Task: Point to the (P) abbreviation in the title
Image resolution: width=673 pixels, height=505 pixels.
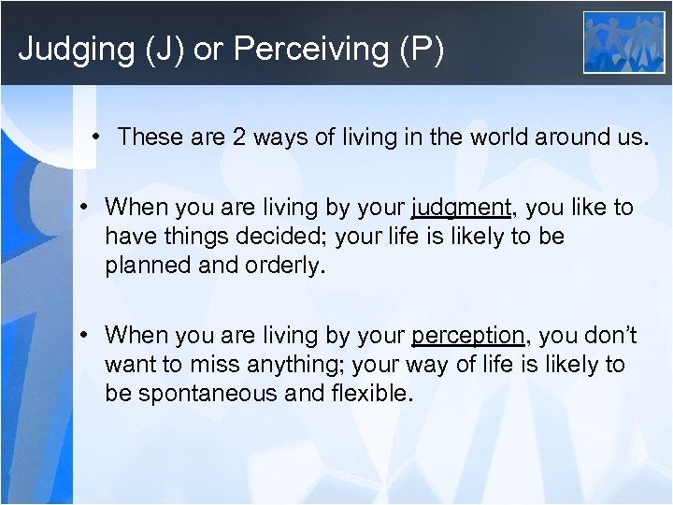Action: point(418,50)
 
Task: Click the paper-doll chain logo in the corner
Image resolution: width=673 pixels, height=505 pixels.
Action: point(623,42)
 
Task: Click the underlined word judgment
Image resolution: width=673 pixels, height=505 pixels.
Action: point(461,208)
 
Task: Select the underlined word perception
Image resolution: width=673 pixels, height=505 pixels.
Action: point(467,335)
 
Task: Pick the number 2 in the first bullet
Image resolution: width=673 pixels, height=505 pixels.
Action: point(239,137)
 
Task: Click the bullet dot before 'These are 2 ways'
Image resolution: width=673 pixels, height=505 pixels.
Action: point(97,137)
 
